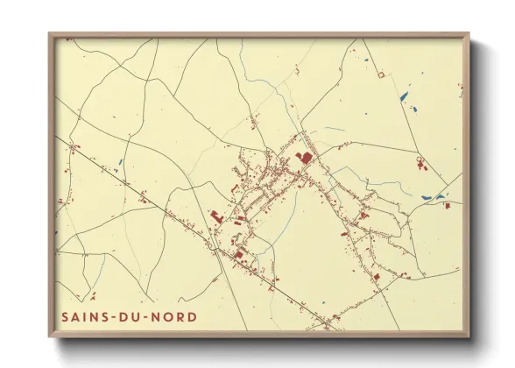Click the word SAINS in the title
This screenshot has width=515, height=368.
click(84, 316)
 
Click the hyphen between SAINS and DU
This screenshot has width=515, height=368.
click(114, 316)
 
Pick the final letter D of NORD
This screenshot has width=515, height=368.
click(192, 316)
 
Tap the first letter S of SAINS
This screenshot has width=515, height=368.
click(66, 316)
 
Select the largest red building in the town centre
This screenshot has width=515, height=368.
click(306, 157)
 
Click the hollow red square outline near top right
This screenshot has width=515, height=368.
click(380, 75)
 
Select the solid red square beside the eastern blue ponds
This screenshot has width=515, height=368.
click(447, 205)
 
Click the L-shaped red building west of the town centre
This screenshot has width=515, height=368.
click(217, 215)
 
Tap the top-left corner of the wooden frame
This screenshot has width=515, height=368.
click(50, 34)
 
